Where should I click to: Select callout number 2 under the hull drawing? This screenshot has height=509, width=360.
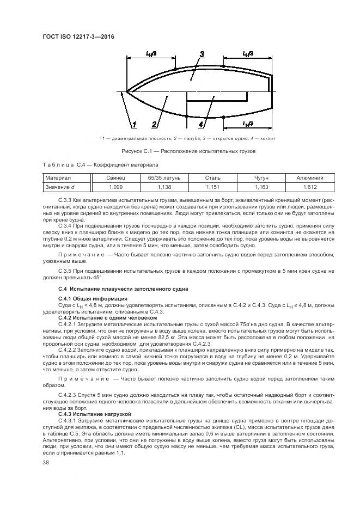click(155, 124)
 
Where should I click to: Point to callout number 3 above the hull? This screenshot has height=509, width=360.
click(202, 54)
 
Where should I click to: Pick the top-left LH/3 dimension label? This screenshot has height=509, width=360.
click(152, 53)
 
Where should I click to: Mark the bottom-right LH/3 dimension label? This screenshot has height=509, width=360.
click(248, 124)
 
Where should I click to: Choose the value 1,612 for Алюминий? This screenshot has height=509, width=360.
click(310, 187)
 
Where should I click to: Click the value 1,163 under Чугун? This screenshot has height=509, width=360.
click(261, 187)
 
